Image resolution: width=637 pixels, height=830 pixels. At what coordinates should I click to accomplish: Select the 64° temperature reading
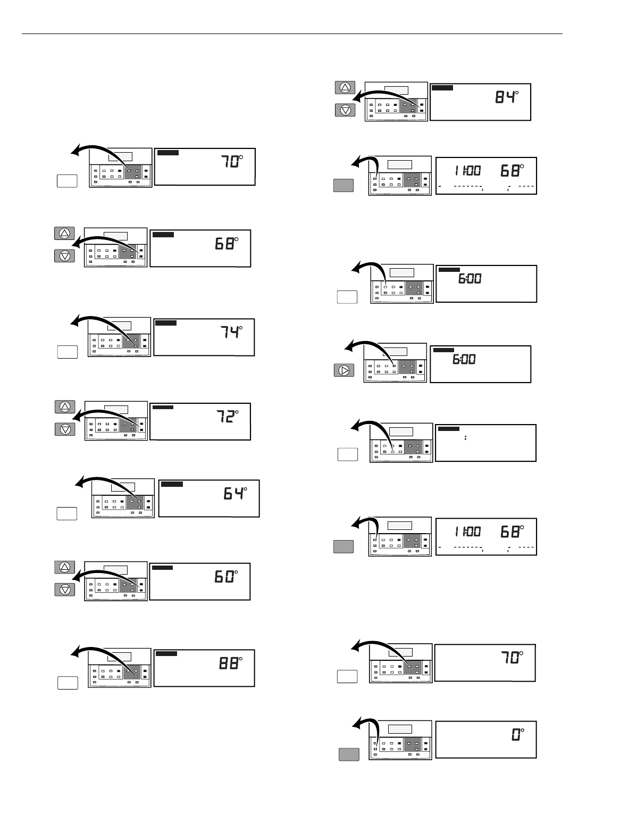pyautogui.click(x=235, y=494)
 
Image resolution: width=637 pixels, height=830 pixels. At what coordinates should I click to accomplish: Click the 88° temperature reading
pyautogui.click(x=231, y=663)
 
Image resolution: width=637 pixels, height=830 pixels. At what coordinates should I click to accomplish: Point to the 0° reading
pyautogui.click(x=517, y=736)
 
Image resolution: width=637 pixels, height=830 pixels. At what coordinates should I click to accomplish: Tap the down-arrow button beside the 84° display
pyautogui.click(x=346, y=110)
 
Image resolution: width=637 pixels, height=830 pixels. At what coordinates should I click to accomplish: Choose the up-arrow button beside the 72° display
pyautogui.click(x=65, y=406)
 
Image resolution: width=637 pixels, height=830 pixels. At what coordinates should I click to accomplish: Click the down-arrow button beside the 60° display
pyautogui.click(x=65, y=590)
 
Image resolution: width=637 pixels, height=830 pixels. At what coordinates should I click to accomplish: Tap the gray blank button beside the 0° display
pyautogui.click(x=349, y=754)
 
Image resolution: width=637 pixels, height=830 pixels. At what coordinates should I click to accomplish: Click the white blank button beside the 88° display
pyautogui.click(x=68, y=683)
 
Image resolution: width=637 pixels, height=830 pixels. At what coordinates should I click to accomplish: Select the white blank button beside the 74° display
pyautogui.click(x=67, y=351)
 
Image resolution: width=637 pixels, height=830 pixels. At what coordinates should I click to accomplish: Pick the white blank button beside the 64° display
pyautogui.click(x=67, y=513)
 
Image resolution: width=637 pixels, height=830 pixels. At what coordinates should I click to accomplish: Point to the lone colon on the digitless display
pyautogui.click(x=465, y=438)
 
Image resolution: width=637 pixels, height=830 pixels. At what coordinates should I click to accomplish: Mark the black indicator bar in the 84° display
pyautogui.click(x=442, y=88)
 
